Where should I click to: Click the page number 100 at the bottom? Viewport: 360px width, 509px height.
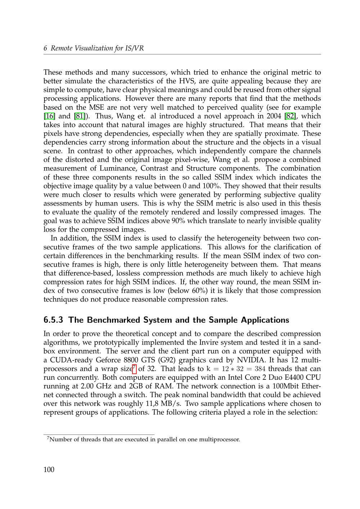click(x=49, y=469)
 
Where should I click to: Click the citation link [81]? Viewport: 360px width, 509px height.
click(x=79, y=116)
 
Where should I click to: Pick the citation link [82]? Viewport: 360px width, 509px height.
click(x=290, y=116)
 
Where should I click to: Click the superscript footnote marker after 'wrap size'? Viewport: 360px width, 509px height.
click(x=134, y=367)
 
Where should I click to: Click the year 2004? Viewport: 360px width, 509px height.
click(x=274, y=116)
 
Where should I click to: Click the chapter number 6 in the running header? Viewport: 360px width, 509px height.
click(x=45, y=48)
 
